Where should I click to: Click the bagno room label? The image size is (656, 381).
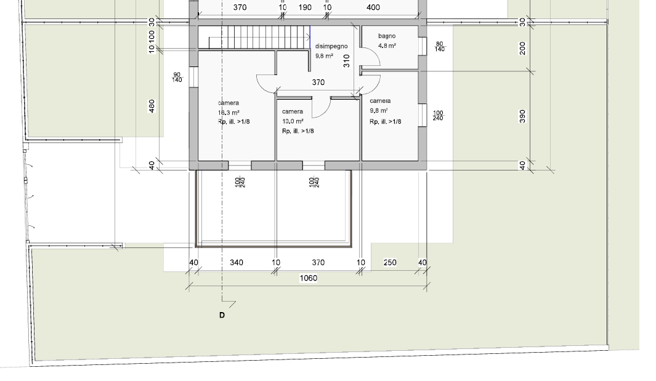click(387, 36)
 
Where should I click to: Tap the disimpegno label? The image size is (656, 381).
click(331, 46)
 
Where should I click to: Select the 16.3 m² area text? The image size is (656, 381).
click(229, 113)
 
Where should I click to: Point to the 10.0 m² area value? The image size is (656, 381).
click(293, 121)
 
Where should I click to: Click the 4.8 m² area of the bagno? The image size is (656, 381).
click(387, 46)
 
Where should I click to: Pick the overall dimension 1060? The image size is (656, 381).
click(309, 278)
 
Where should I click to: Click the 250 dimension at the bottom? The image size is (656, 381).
click(389, 263)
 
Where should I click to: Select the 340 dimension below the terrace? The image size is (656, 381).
click(237, 263)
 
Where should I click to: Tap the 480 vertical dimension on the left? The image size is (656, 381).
click(152, 106)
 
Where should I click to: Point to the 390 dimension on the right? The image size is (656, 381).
click(522, 116)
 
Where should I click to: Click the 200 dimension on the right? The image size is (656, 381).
click(522, 48)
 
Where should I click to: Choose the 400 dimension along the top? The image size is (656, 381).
click(373, 7)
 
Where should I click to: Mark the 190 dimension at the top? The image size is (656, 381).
click(305, 7)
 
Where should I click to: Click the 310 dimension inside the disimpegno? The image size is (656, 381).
click(346, 61)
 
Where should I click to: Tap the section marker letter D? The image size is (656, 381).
click(222, 315)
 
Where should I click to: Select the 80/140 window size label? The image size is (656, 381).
click(439, 46)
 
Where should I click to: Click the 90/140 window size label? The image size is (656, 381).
click(177, 77)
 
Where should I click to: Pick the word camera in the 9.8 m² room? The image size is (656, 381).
click(380, 101)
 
